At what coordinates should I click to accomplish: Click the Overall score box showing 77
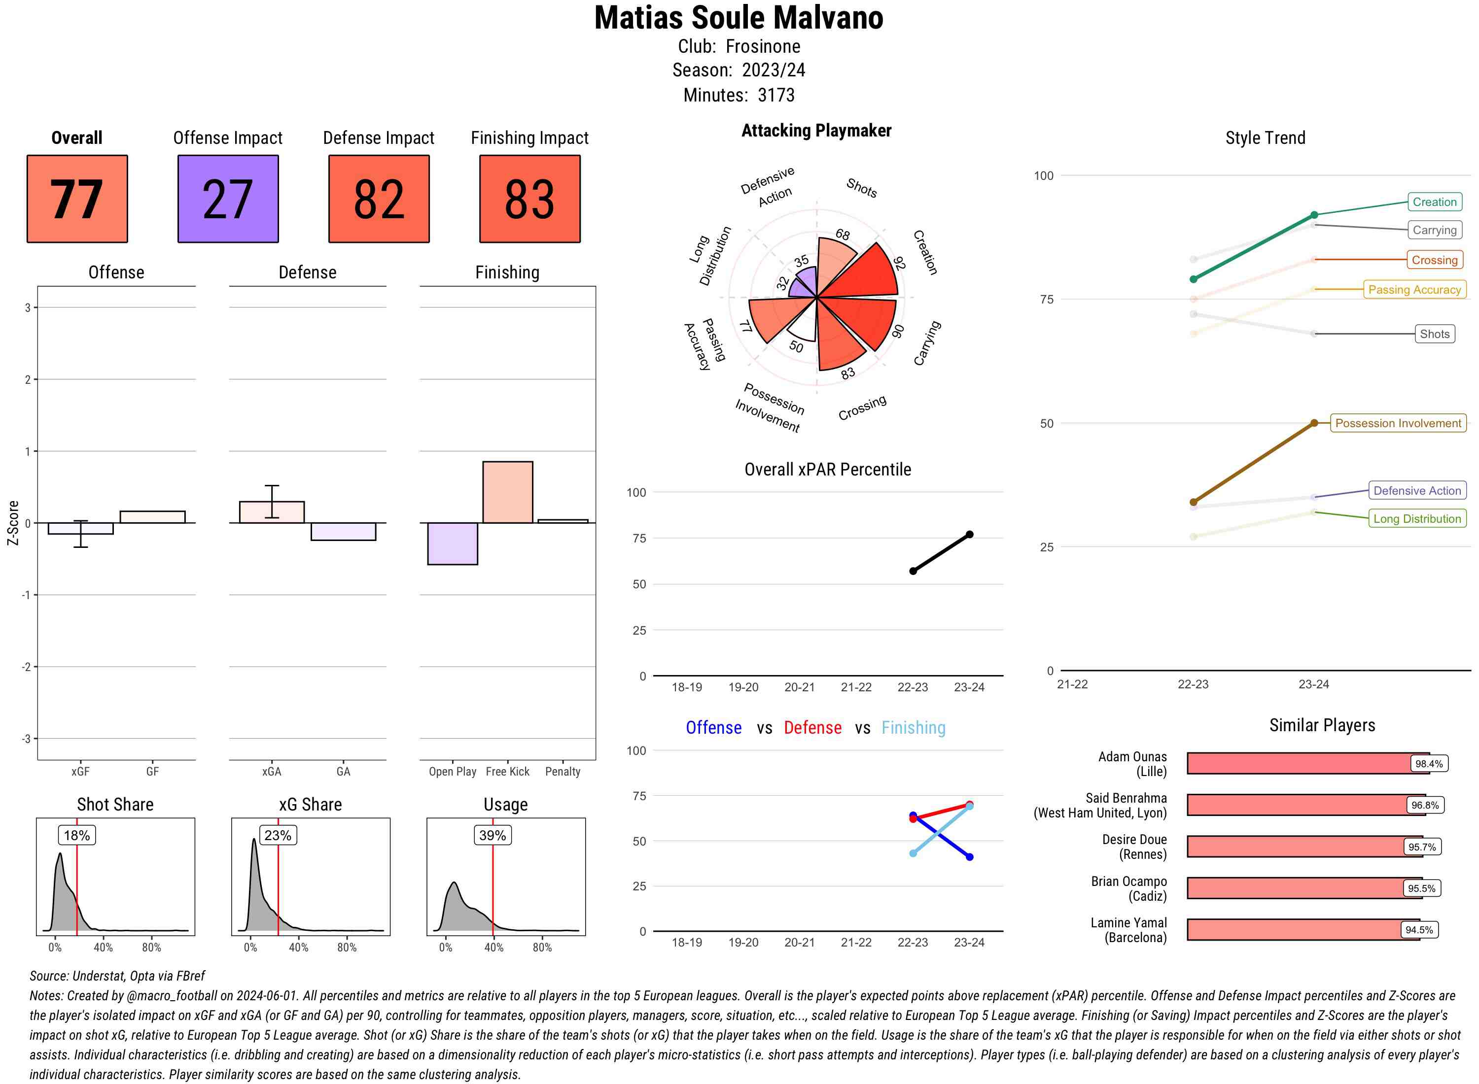77,199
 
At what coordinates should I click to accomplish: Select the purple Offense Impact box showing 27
228,199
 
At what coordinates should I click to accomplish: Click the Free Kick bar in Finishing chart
507,492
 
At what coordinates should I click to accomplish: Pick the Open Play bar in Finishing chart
452,543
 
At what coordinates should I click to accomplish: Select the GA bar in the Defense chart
343,532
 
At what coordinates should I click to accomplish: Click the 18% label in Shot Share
77,835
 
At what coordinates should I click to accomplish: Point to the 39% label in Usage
493,835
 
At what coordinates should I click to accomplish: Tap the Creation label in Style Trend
1434,202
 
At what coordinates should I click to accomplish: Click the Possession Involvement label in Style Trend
1398,423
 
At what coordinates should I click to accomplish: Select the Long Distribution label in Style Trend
1417,518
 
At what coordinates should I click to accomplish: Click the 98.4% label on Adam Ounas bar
1428,764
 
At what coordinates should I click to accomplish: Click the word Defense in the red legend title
812,728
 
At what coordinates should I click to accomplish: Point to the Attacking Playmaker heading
816,131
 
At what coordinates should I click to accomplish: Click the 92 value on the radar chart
899,263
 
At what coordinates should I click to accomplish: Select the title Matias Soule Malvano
739,18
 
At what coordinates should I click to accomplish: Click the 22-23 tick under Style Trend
1193,684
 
